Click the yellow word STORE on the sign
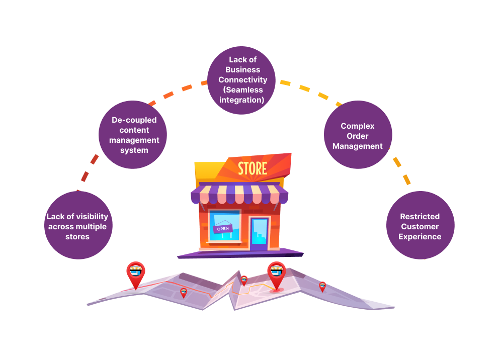pyautogui.click(x=253, y=168)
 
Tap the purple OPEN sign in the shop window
pyautogui.click(x=222, y=229)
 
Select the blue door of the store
pyautogui.click(x=260, y=233)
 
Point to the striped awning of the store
pyautogui.click(x=239, y=195)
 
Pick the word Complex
pyautogui.click(x=357, y=126)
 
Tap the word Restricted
pyautogui.click(x=420, y=216)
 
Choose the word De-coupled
pyautogui.click(x=134, y=120)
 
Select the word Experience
pyautogui.click(x=420, y=236)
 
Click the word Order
pyautogui.click(x=357, y=136)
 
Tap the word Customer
pyautogui.click(x=420, y=226)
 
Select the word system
pyautogui.click(x=134, y=150)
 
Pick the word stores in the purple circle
pyautogui.click(x=77, y=236)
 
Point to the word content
pyautogui.click(x=134, y=130)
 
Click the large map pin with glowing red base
pyautogui.click(x=276, y=276)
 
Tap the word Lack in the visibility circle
pyautogui.click(x=55, y=216)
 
